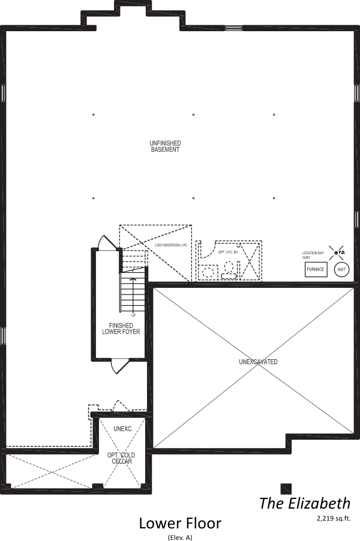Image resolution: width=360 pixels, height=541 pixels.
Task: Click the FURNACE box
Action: click(316, 269)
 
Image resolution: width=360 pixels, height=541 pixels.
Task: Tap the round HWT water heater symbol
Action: click(341, 270)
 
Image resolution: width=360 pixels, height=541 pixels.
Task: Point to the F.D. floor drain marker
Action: click(337, 253)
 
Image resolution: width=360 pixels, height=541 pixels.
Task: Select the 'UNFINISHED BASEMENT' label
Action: click(165, 146)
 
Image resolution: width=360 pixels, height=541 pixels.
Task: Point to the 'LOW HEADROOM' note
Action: click(171, 245)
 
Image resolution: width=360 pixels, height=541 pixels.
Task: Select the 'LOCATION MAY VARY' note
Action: click(312, 256)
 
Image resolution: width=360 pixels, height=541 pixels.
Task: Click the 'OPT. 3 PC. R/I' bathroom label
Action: click(228, 253)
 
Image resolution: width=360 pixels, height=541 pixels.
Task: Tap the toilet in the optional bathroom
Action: click(229, 271)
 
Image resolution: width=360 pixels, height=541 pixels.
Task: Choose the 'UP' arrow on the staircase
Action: click(133, 294)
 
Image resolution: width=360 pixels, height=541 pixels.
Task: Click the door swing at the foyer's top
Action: click(109, 242)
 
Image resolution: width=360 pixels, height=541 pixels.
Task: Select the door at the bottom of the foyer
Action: click(119, 365)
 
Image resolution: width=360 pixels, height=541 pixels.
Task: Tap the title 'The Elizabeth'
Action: click(304, 503)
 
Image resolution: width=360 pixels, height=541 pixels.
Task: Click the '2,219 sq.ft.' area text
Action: click(333, 516)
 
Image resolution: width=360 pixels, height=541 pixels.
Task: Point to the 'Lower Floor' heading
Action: click(180, 523)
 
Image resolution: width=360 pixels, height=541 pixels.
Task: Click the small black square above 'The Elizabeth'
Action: click(286, 488)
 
